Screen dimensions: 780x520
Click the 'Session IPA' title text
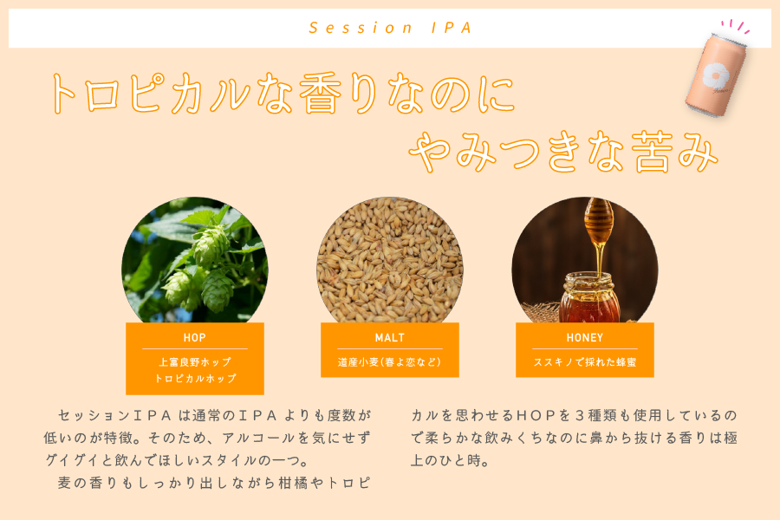[390, 28]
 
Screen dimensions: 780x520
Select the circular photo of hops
[195, 260]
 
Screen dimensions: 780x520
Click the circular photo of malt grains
[390, 260]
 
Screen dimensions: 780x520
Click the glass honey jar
[590, 297]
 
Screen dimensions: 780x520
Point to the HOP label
[194, 338]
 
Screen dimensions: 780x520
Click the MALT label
[389, 338]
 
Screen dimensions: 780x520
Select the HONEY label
[584, 338]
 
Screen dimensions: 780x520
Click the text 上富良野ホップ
[195, 362]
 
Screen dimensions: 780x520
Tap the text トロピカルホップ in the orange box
[195, 379]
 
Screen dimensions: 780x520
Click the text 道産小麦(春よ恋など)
[389, 362]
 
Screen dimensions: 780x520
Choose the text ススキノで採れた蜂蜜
[584, 362]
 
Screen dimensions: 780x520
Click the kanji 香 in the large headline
[321, 93]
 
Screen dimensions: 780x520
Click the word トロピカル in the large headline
[150, 93]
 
